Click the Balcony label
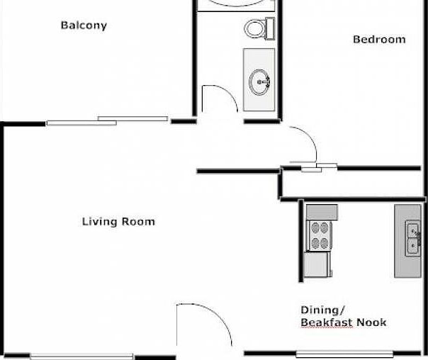[84, 26]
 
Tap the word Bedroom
[379, 40]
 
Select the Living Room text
[118, 222]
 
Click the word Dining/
[322, 310]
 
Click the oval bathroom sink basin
[260, 81]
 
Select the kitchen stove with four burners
[320, 235]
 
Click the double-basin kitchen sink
[412, 237]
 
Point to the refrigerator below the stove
[316, 264]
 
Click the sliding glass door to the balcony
[107, 120]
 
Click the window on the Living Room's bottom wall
[81, 356]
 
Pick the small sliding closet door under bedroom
[318, 168]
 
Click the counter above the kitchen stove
[321, 211]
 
